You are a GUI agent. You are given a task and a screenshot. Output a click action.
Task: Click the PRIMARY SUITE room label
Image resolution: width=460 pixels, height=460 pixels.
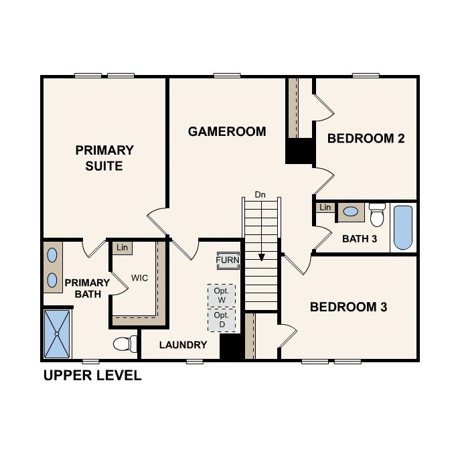[104, 157]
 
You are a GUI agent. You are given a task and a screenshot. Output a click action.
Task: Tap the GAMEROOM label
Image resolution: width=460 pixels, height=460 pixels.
[227, 132]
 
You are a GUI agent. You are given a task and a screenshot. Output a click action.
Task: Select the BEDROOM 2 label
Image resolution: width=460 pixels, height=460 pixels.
[366, 139]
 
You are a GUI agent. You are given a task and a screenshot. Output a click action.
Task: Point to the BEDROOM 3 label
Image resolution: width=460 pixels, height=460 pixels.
[348, 307]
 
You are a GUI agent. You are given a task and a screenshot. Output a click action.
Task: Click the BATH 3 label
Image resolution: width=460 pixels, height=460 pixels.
[359, 238]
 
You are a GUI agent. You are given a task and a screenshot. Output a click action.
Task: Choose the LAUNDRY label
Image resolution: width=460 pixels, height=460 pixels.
[183, 345]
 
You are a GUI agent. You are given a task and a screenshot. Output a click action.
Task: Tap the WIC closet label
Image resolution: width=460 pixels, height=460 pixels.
[139, 277]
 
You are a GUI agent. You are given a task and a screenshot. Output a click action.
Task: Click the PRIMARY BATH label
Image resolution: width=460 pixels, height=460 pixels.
[87, 288]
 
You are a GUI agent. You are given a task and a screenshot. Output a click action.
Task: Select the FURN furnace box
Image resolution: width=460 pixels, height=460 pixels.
[227, 260]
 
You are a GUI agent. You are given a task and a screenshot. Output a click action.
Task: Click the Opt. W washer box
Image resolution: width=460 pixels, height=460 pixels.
[222, 295]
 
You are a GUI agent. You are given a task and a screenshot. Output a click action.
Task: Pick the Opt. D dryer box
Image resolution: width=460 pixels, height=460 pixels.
[222, 319]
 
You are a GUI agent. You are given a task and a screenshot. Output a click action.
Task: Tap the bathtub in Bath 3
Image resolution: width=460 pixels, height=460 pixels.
[402, 227]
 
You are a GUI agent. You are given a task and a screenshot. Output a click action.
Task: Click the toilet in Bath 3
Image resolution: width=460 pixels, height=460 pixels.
[378, 215]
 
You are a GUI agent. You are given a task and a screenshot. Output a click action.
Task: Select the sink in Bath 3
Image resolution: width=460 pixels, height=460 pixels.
[350, 212]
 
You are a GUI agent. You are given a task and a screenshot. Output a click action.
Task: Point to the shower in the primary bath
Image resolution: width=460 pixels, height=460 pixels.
[57, 333]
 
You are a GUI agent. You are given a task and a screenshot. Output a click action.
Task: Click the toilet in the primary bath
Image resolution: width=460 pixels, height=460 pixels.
[124, 344]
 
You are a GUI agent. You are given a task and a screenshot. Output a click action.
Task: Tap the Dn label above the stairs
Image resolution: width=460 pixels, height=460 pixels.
[260, 195]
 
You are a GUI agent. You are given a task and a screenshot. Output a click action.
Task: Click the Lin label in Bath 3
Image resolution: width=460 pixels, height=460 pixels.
[325, 208]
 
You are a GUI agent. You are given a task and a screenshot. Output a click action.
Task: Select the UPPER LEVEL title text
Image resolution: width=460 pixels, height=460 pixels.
[92, 375]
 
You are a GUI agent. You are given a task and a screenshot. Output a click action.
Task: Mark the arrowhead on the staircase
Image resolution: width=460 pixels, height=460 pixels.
[261, 256]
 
